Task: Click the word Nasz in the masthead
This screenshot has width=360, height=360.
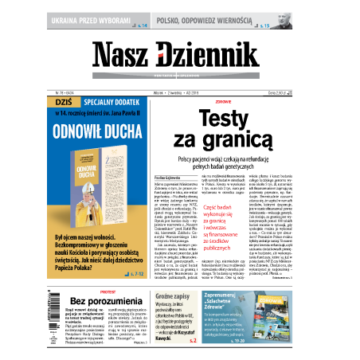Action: click(127, 57)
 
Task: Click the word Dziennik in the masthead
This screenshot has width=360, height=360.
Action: click(211, 57)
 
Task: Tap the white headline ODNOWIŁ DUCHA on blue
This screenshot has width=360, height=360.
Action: click(99, 131)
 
